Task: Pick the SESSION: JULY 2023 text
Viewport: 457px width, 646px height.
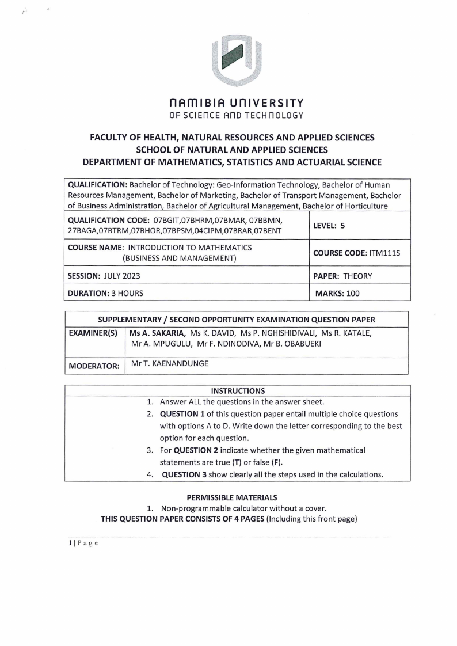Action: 104,276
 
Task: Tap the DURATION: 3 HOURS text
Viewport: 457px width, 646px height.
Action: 106,293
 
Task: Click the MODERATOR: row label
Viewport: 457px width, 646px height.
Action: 94,366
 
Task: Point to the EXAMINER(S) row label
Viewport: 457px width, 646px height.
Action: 93,333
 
